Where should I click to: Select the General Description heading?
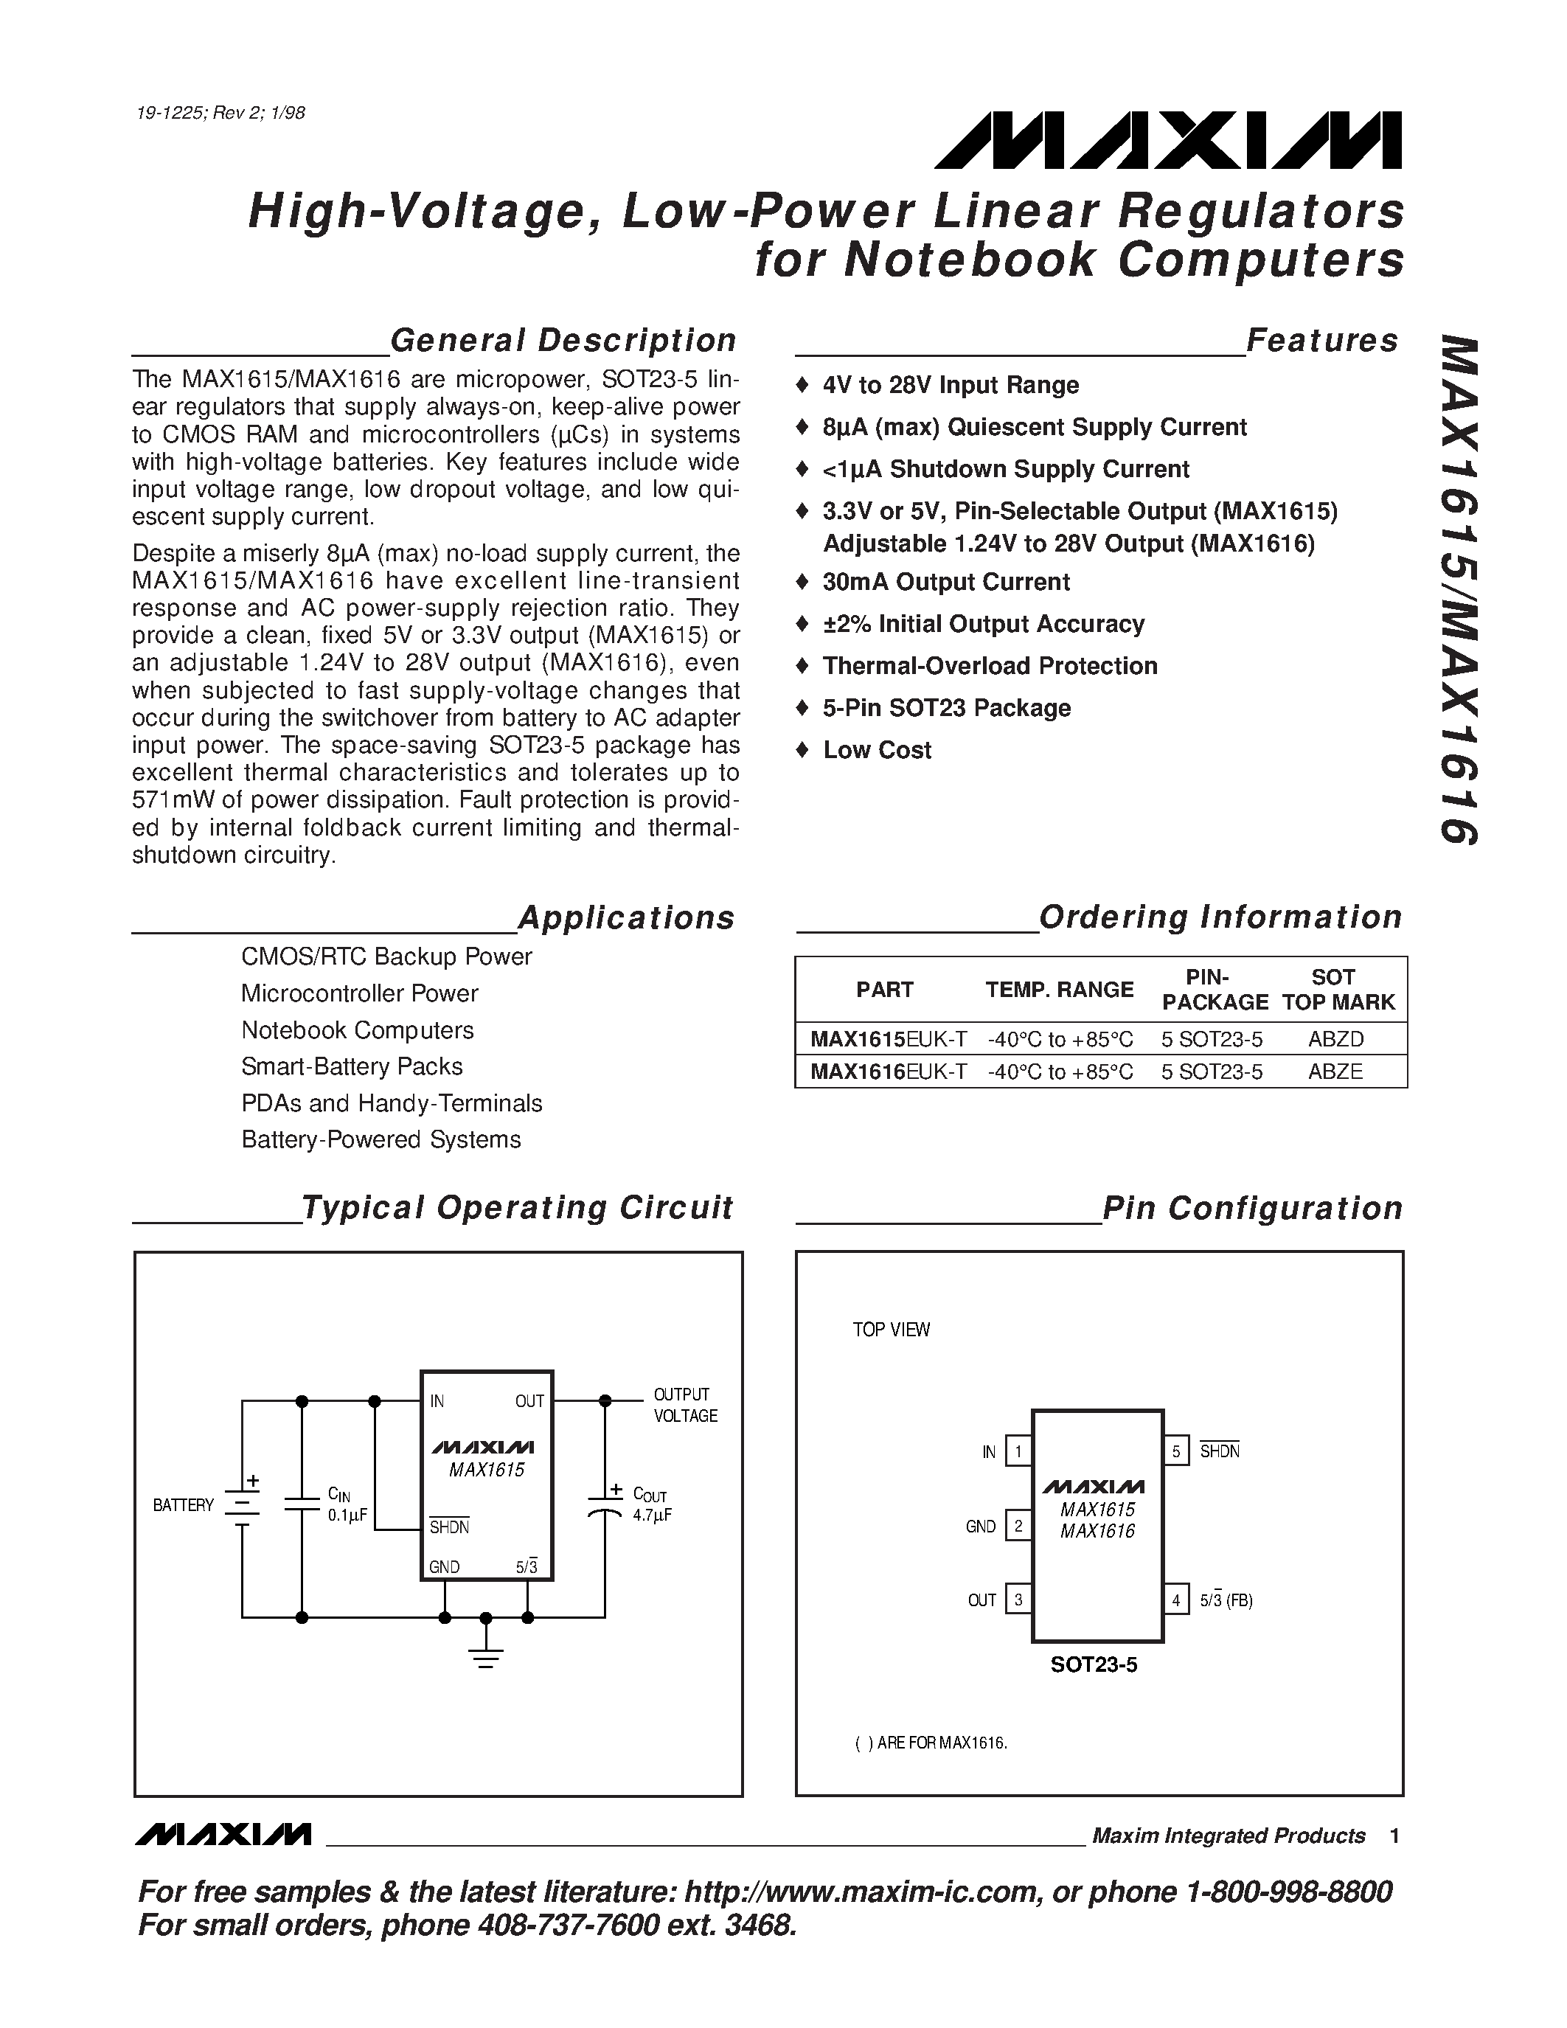(x=563, y=341)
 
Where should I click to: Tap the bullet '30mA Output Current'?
(x=945, y=582)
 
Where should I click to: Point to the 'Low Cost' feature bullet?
(x=876, y=750)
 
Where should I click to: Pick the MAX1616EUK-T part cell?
(x=887, y=1072)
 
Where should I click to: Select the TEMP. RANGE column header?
(x=1059, y=990)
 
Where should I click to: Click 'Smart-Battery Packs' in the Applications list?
(x=352, y=1066)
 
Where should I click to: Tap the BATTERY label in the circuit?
(x=183, y=1505)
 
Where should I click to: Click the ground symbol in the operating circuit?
(x=485, y=1655)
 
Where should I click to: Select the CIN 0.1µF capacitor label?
(x=347, y=1504)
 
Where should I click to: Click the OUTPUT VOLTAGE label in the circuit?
(x=685, y=1405)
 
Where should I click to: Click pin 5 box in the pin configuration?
(x=1175, y=1451)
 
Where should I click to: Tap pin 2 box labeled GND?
(x=1018, y=1526)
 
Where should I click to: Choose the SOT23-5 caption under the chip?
(x=1094, y=1665)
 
